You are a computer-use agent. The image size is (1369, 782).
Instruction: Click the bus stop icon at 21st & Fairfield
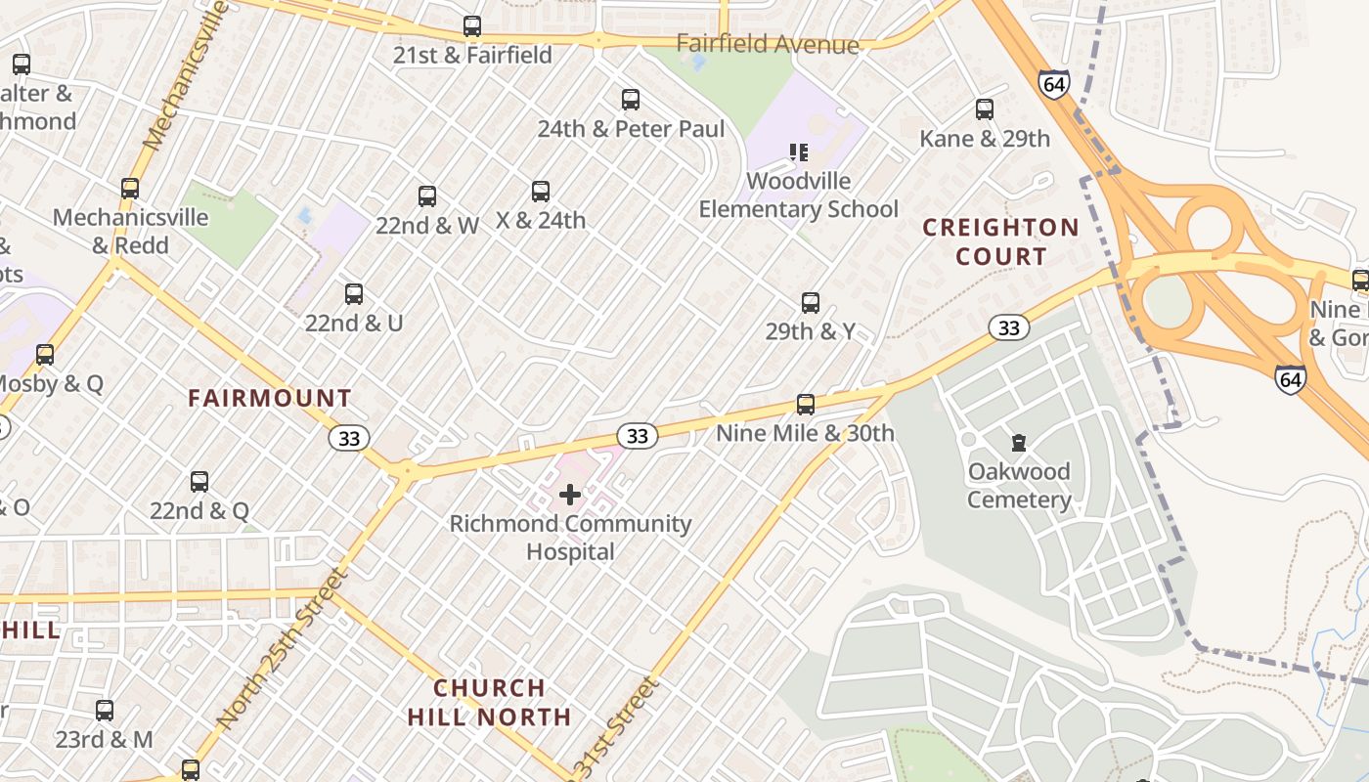[x=472, y=26]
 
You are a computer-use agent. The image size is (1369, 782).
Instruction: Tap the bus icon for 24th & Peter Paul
[x=631, y=100]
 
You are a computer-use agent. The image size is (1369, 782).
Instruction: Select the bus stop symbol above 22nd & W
[x=427, y=196]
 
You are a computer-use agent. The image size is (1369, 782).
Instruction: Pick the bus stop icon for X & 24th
[x=541, y=192]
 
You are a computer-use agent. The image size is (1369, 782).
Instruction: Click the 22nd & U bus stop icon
[x=354, y=294]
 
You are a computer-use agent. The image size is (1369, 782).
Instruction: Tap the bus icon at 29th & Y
[x=811, y=303]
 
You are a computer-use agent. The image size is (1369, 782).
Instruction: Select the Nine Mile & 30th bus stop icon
[x=806, y=405]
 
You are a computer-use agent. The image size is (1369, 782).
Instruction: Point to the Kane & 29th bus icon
[x=985, y=109]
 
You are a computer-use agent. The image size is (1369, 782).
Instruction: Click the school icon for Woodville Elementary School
[x=799, y=152]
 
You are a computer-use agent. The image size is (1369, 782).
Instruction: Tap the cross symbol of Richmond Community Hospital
[x=570, y=495]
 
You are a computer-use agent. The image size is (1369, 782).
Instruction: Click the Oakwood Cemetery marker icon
[x=1019, y=443]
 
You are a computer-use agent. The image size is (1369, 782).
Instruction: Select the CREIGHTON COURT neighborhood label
[x=1001, y=242]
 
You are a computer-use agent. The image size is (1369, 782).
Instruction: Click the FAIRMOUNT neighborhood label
[x=270, y=399]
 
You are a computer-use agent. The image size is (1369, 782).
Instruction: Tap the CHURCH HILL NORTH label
[x=489, y=702]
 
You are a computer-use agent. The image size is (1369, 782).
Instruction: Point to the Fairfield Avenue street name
[x=768, y=44]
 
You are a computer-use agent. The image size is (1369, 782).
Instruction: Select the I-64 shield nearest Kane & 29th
[x=1053, y=84]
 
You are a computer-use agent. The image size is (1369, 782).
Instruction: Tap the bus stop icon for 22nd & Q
[x=199, y=482]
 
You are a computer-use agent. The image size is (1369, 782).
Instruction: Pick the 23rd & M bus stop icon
[x=105, y=711]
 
